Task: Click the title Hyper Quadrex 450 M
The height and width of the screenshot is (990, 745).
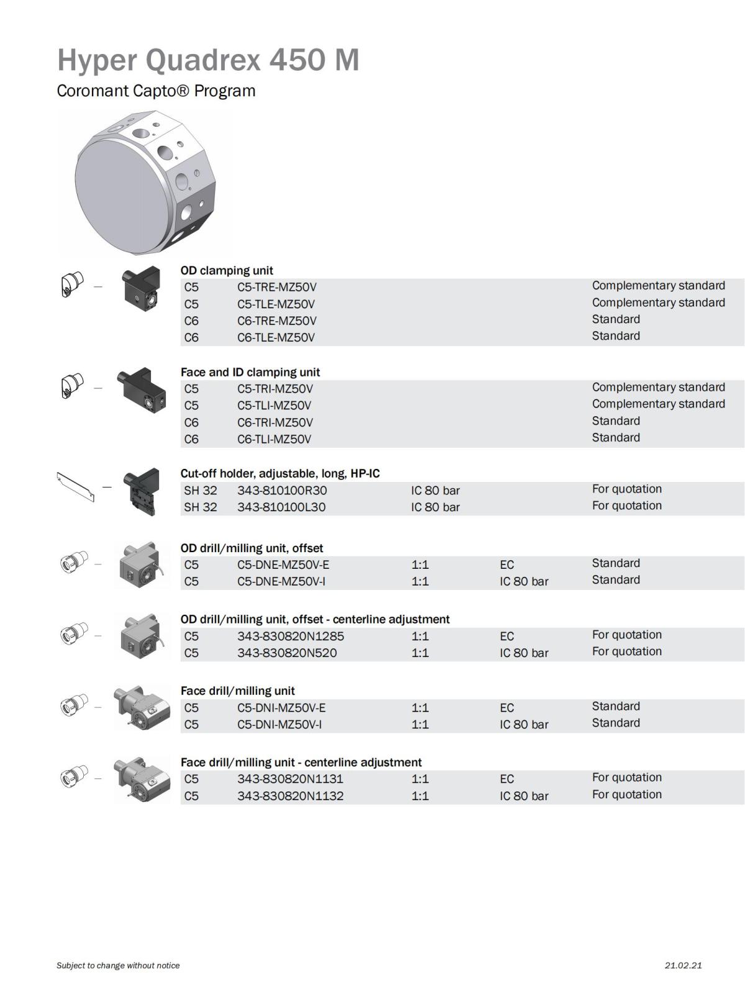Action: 208,60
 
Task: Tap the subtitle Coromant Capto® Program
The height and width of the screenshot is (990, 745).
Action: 156,91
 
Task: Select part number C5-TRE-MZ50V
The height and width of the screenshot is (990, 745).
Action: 276,287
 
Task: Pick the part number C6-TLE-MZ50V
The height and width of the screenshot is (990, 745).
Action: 276,337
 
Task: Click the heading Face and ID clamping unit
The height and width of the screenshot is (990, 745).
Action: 250,372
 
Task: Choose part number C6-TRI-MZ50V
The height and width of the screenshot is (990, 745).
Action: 274,422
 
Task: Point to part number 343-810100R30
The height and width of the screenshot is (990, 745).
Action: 282,490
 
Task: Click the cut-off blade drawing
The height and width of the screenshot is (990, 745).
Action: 76,486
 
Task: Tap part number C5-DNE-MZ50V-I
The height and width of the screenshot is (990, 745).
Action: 281,581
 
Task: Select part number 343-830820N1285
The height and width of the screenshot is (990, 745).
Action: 290,636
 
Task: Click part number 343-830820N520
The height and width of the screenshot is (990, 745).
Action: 287,653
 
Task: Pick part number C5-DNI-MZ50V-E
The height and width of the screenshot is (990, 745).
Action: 281,708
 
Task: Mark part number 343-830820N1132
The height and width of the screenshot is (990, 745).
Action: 290,796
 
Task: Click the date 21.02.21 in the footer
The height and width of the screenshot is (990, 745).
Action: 683,965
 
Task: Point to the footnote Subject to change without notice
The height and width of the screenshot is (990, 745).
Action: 118,965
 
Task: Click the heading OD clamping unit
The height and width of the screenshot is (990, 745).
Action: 227,270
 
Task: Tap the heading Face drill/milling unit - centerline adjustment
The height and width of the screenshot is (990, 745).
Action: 301,762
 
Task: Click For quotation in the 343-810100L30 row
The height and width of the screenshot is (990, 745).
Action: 626,506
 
